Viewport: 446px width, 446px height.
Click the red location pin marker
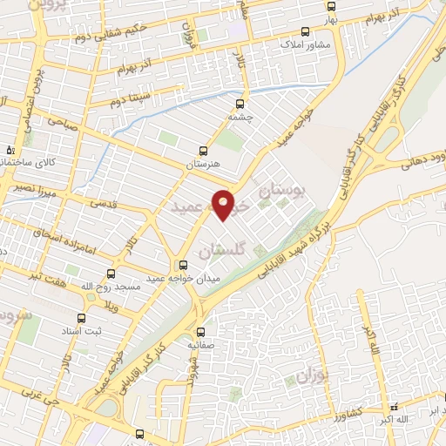pos(225,204)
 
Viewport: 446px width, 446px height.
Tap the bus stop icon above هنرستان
pos(204,150)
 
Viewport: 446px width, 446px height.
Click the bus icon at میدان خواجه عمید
pos(183,265)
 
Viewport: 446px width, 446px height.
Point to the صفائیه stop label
pos(201,345)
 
